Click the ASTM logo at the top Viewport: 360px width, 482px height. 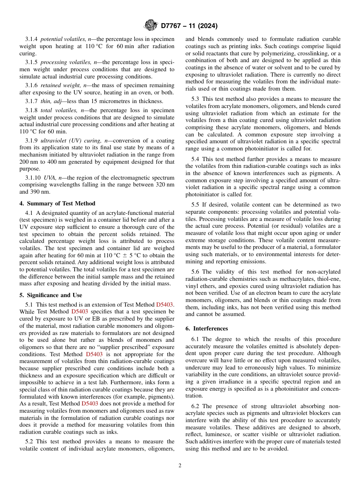coord(150,26)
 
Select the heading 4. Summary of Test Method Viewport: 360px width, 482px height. coord(57,203)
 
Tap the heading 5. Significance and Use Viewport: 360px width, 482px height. coord(50,295)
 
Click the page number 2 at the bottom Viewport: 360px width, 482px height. coord(180,466)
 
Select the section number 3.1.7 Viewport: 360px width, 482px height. coord(31,101)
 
